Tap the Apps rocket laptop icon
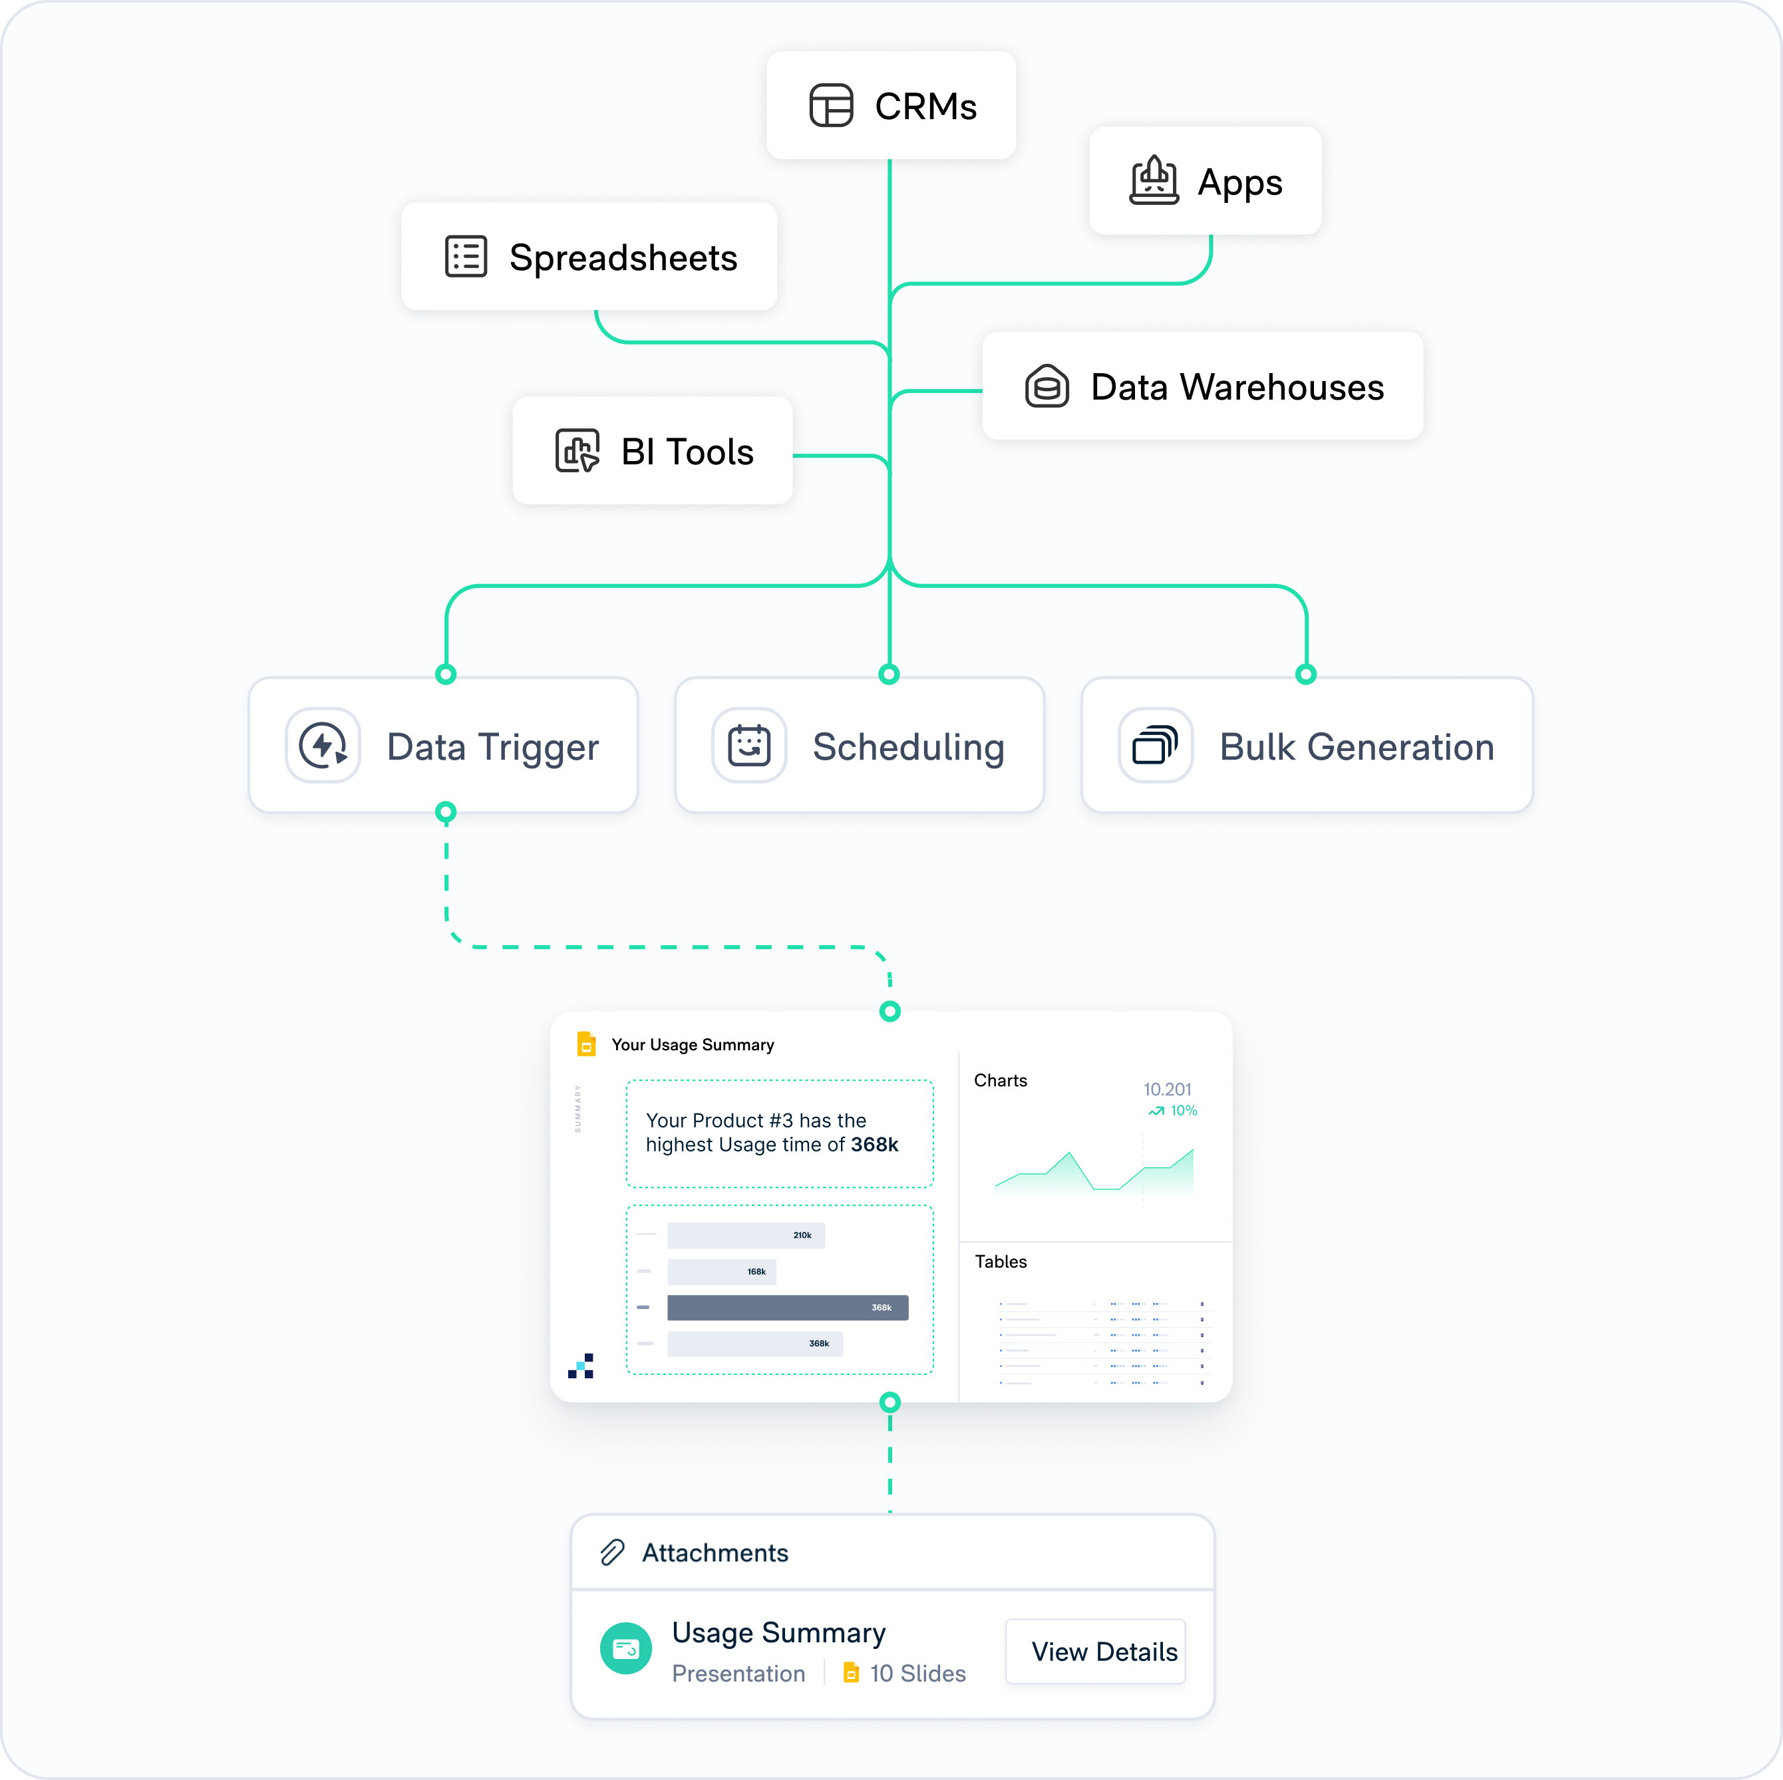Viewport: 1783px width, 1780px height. tap(1154, 181)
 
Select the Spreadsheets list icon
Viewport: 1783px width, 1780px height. tap(466, 257)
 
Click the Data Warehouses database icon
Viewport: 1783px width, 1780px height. tap(1047, 386)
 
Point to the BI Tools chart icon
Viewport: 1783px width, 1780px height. tap(577, 451)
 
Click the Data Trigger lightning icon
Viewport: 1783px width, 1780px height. tap(323, 746)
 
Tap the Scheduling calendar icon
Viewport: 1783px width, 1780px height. tap(748, 746)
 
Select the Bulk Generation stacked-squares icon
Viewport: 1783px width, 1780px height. tap(1156, 746)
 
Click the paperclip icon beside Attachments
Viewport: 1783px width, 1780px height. tap(613, 1553)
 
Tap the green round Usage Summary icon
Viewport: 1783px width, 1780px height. tap(625, 1649)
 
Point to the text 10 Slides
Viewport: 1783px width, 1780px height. tap(917, 1674)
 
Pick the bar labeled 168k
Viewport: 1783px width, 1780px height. tap(722, 1272)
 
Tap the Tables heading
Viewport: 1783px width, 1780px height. tap(1001, 1261)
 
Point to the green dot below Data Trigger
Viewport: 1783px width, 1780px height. tap(446, 813)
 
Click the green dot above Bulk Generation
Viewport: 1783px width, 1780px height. tap(1306, 674)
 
